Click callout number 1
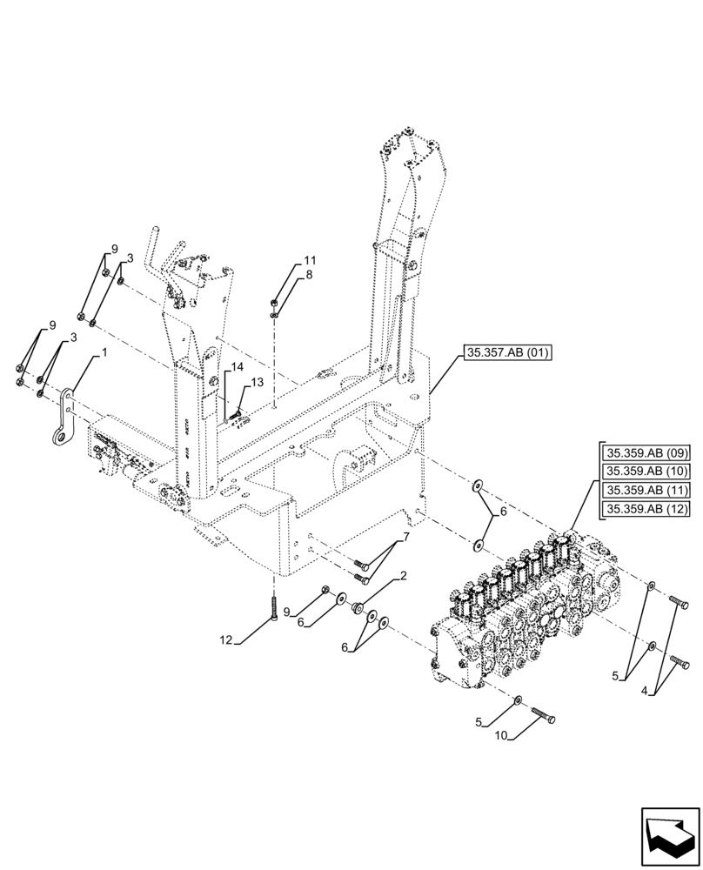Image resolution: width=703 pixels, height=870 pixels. coord(105,354)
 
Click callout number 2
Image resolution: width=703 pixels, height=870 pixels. coord(404,576)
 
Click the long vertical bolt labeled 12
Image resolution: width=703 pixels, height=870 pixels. coord(273,606)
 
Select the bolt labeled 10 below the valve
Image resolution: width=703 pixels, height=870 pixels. coord(540,715)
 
